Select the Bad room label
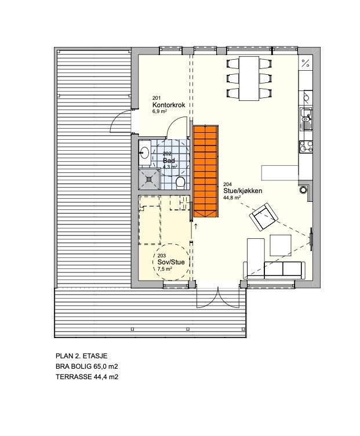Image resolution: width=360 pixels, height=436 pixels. (x=169, y=161)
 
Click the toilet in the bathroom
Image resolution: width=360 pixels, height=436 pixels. (x=180, y=183)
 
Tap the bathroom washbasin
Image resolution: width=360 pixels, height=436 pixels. (x=145, y=152)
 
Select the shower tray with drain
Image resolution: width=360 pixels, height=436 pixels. (x=150, y=179)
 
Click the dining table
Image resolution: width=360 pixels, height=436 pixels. (x=250, y=78)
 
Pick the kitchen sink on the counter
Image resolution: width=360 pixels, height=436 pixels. (x=305, y=119)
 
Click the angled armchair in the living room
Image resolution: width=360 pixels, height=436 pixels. (x=263, y=217)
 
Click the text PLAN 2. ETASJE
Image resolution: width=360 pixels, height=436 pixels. (x=81, y=356)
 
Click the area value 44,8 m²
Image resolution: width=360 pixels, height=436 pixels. (x=232, y=197)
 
